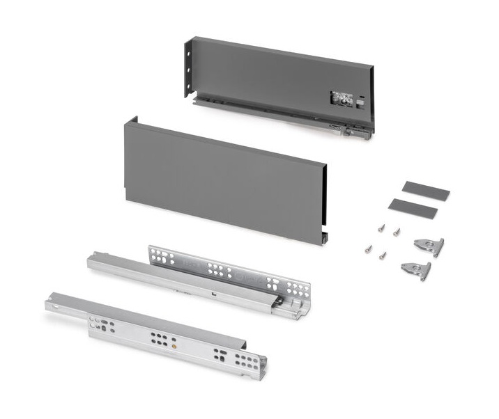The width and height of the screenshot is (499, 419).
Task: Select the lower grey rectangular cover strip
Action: (414, 206)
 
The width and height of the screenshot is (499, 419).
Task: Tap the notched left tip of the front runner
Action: (49, 303)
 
